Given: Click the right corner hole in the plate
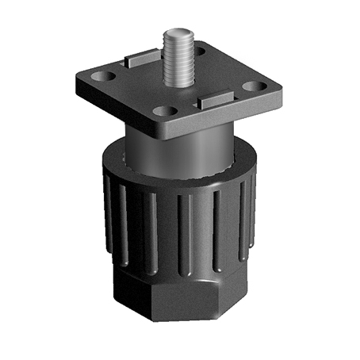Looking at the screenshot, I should coord(254,86).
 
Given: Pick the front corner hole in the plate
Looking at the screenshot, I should coord(163,111).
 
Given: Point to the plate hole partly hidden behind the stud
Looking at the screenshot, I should coord(197,52).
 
